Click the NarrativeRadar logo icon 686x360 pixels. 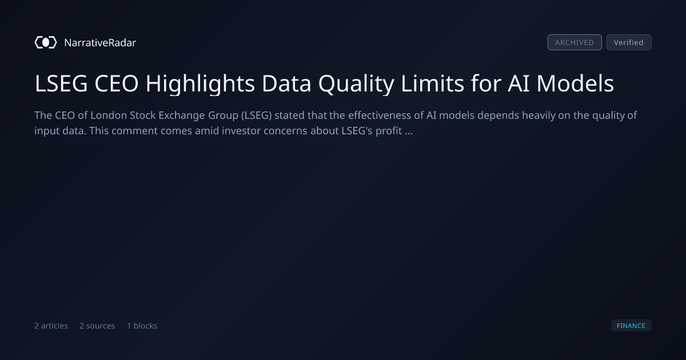click(x=46, y=42)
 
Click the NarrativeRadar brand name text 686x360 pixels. click(x=100, y=42)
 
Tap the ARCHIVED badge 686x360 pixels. click(x=575, y=42)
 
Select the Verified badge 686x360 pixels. click(x=629, y=42)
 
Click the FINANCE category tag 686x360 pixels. click(x=631, y=325)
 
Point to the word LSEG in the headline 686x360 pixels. click(x=61, y=83)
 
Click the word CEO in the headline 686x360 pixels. click(x=117, y=83)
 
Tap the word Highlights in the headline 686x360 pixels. click(x=200, y=84)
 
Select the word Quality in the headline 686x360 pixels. click(x=356, y=84)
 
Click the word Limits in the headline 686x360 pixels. click(x=432, y=83)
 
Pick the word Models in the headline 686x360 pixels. click(x=575, y=83)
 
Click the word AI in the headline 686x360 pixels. click(x=519, y=83)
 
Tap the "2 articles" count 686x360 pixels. click(x=51, y=326)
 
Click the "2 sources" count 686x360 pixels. click(x=97, y=326)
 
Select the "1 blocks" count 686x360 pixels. click(x=142, y=326)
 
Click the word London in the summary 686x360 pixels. click(x=109, y=115)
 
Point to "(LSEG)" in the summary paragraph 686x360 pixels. click(x=256, y=115)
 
